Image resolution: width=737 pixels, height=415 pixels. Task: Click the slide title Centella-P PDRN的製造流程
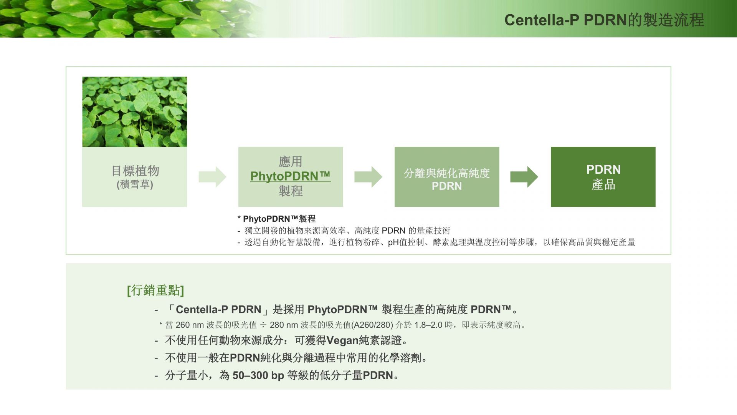(x=604, y=20)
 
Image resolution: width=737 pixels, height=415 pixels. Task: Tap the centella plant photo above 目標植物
(x=134, y=112)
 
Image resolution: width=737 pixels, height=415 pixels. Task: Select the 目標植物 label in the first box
(x=135, y=171)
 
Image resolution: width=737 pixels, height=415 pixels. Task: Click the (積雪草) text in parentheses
(x=135, y=184)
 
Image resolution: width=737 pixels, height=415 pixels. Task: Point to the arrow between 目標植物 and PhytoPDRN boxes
(x=212, y=177)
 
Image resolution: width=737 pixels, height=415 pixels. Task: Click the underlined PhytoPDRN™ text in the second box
(x=290, y=176)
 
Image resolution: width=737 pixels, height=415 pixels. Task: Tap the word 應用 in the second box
(x=291, y=161)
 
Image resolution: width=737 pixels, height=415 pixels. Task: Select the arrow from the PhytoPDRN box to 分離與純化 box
(x=368, y=177)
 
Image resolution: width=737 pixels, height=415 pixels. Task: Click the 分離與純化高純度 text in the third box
(x=447, y=173)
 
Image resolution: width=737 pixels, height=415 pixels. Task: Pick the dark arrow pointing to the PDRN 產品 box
(x=524, y=177)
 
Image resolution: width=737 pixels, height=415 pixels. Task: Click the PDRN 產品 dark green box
(x=603, y=177)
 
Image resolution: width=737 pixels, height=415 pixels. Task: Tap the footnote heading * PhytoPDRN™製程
(x=276, y=219)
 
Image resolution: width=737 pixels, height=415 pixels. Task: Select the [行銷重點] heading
(x=155, y=290)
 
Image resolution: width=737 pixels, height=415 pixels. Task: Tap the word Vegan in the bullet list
(x=342, y=340)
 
